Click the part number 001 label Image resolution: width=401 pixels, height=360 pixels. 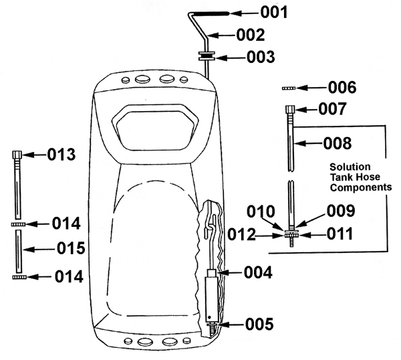274,12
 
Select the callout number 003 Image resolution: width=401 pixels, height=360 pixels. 261,57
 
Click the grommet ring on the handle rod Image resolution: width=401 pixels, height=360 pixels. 207,56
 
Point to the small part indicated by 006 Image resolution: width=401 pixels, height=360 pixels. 289,88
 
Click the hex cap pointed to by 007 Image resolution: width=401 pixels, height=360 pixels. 290,109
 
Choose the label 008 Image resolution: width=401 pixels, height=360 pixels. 338,143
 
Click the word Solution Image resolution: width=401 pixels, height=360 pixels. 350,167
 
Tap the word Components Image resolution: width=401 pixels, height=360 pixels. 361,187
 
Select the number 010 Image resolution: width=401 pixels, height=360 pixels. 261,211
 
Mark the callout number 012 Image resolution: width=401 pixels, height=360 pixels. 241,235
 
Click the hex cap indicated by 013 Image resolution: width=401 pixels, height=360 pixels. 17,155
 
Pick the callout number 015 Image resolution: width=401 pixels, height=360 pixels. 71,248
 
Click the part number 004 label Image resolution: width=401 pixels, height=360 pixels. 258,272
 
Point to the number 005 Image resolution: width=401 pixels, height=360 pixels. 259,324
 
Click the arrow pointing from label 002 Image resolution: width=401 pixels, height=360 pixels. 221,35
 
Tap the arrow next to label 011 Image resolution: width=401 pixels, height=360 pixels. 311,235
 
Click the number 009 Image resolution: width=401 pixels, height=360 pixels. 341,211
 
